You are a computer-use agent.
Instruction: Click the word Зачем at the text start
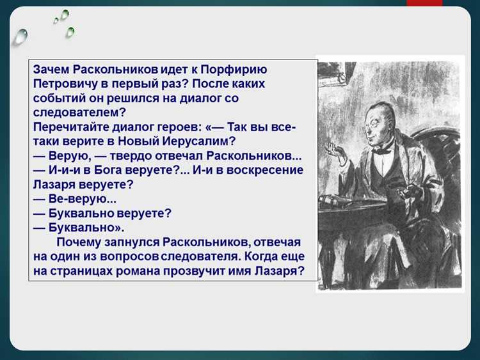[51, 69]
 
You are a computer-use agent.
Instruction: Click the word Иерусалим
[199, 141]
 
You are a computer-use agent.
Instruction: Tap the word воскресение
[261, 170]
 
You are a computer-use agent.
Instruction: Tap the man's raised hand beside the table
[333, 151]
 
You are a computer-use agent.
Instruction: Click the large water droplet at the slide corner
[21, 36]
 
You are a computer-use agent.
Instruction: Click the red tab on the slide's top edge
[424, 3]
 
